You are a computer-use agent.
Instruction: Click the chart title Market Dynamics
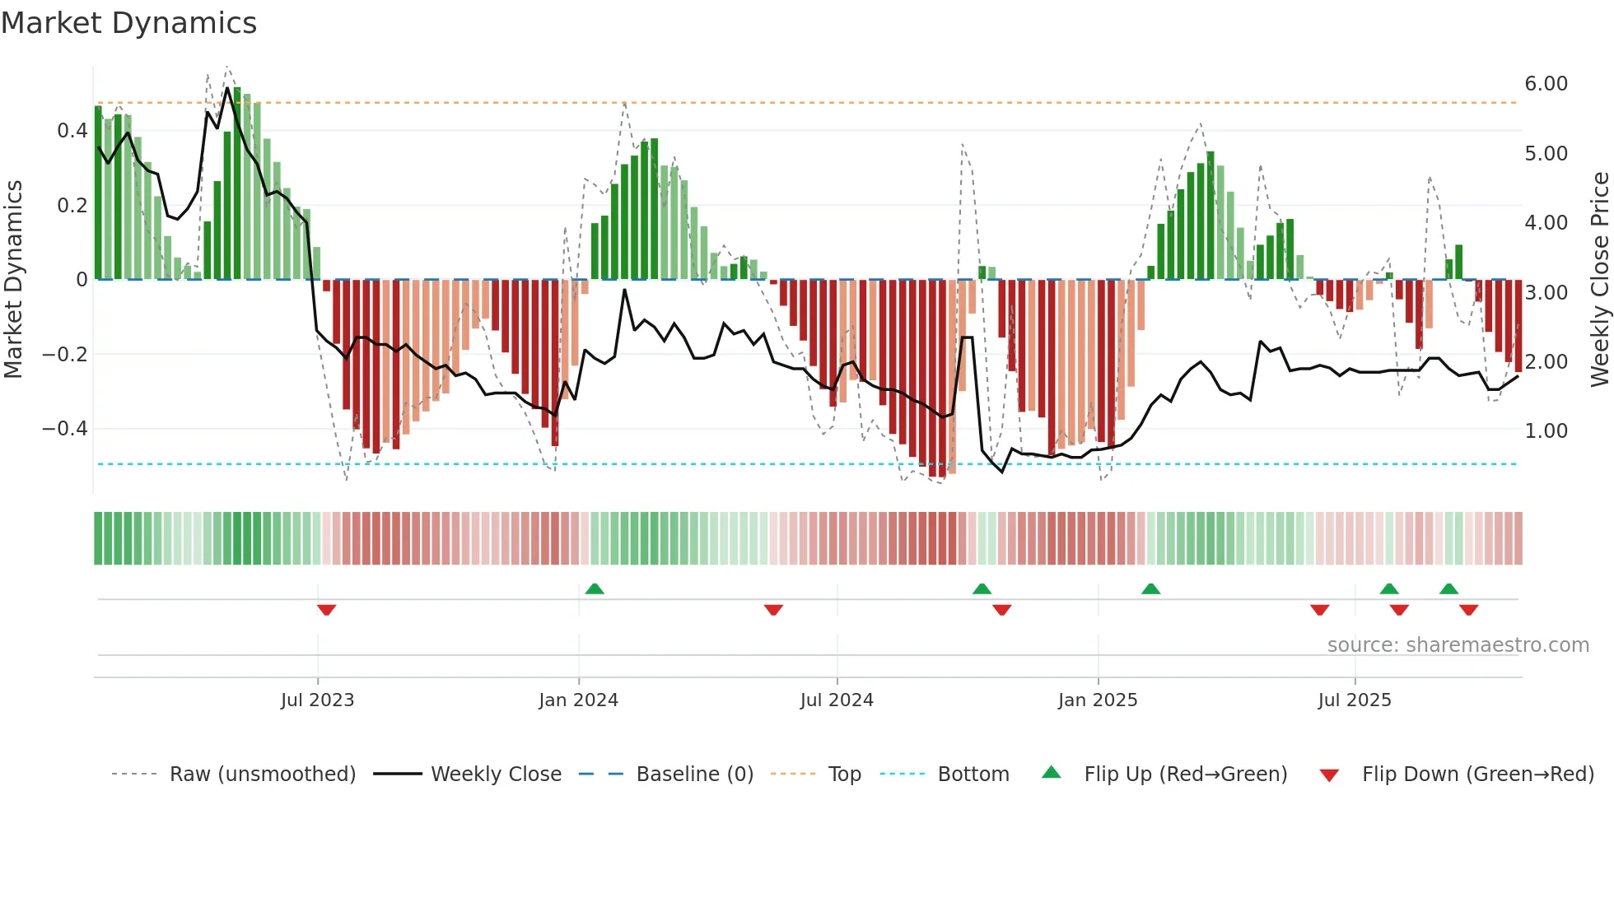129,23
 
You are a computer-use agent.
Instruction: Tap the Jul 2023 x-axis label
317,700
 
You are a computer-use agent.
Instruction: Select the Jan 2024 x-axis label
578,700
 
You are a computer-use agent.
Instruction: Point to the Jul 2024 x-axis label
837,700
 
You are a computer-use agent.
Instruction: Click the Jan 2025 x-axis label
1098,700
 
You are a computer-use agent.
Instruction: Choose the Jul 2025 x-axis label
1355,700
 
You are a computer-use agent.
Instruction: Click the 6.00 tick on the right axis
1546,84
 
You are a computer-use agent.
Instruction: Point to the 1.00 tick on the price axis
1546,431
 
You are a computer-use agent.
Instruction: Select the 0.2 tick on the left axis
72,205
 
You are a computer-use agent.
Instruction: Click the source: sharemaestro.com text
1458,645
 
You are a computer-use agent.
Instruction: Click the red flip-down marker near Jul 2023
326,610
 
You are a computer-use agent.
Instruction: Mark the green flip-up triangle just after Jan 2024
595,588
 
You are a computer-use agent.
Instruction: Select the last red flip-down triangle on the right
1468,610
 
